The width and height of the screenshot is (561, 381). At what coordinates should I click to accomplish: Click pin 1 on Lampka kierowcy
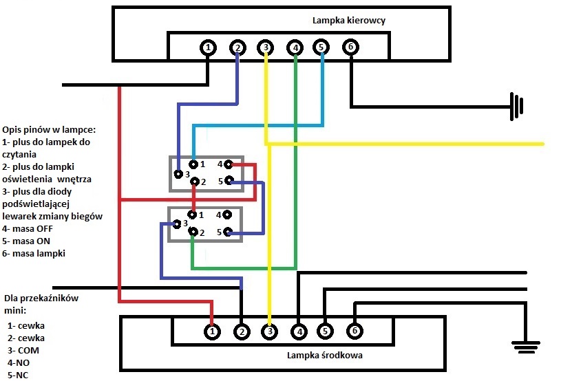coord(208,47)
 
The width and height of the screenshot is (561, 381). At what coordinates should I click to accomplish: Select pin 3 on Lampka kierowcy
coord(266,47)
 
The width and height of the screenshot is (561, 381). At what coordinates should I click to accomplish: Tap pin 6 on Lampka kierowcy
coord(350,47)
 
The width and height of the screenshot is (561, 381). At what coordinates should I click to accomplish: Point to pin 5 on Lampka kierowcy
coord(321,47)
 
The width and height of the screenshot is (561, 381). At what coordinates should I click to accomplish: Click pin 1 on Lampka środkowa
coord(213,331)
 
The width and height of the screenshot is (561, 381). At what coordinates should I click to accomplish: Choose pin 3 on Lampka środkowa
coord(270,331)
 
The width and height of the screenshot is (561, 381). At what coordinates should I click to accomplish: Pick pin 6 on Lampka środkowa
coord(354,331)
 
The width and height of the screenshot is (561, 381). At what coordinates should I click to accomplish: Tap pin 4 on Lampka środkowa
coord(298,331)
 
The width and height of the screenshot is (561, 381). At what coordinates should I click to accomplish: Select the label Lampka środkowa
coord(325,356)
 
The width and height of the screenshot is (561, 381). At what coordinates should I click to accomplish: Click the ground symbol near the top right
coord(516,106)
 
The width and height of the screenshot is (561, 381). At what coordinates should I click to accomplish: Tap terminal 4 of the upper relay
coord(227,164)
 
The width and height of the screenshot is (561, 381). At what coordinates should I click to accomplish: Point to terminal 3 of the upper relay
coord(178,173)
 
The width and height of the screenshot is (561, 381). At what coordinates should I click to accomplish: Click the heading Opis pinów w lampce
coord(48,129)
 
